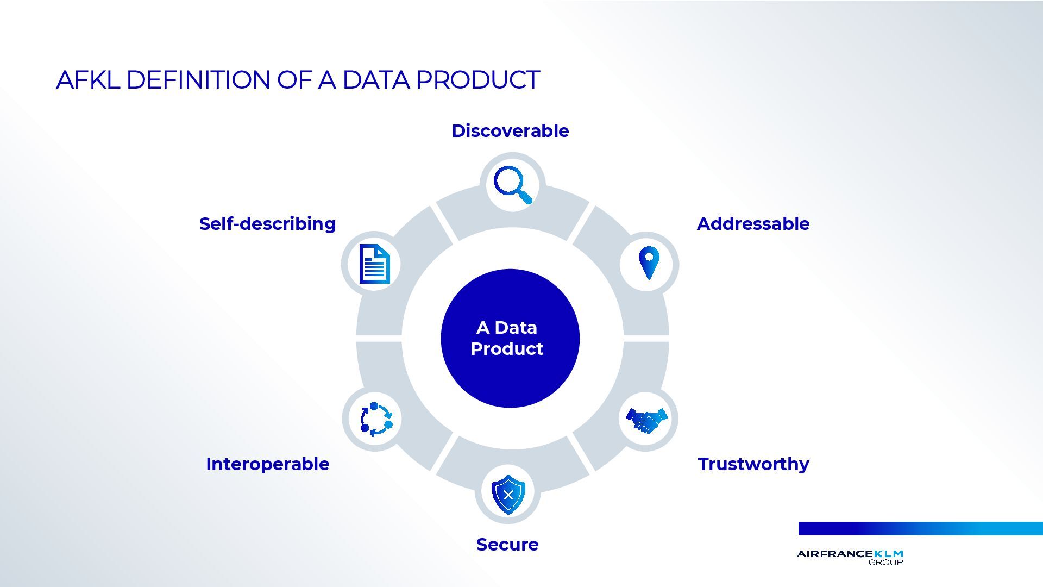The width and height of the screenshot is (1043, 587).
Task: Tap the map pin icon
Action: coord(649,263)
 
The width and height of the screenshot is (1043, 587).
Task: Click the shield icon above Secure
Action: coord(508,494)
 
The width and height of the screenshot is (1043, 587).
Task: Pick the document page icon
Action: coord(374,264)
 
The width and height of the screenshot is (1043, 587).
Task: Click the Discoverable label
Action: coord(510,131)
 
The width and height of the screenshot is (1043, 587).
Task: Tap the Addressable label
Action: coord(753,224)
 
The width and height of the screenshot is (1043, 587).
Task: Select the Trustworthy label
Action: coord(753,464)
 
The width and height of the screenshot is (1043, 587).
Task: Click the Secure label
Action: coord(507,545)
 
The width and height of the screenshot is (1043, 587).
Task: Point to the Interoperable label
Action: coord(267,464)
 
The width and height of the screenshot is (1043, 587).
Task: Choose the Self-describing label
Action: coord(267,224)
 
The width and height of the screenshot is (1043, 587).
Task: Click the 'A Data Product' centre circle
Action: coord(510,338)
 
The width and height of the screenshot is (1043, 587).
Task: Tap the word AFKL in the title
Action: coord(87,80)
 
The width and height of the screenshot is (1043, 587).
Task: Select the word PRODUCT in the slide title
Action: coord(477,80)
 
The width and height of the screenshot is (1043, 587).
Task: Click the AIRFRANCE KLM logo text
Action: coord(850,554)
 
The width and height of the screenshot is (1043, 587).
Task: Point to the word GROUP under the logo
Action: coord(885,563)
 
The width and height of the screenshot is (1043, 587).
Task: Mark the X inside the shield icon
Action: coord(508,495)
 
